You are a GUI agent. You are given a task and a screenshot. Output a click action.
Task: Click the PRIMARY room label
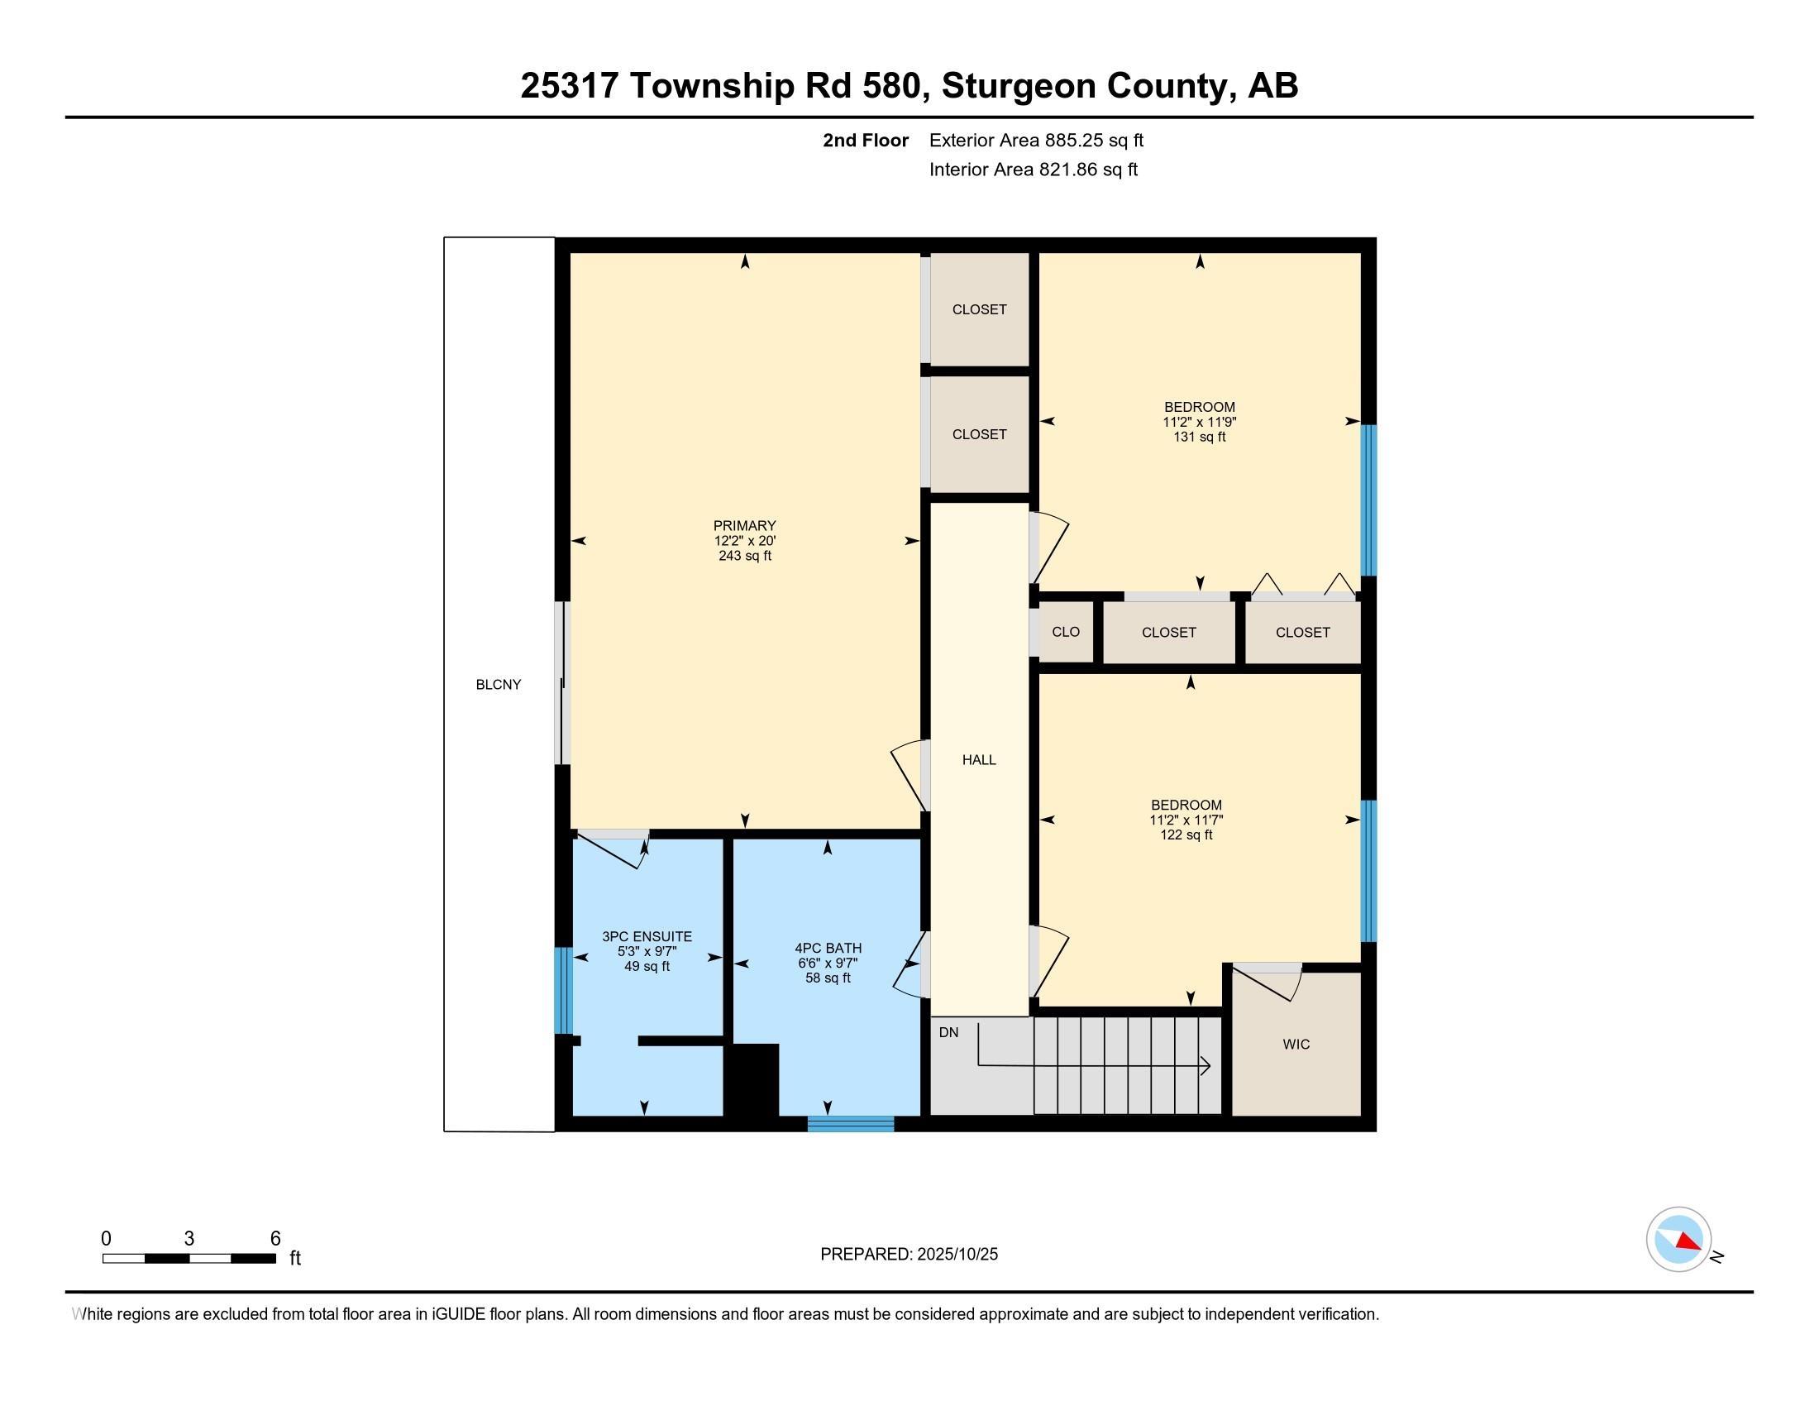744,525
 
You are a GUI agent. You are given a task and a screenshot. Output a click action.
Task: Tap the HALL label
979,759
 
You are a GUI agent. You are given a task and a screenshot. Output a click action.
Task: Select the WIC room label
1296,1044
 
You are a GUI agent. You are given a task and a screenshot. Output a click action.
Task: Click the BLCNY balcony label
498,685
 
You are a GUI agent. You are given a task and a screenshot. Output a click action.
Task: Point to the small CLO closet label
1065,631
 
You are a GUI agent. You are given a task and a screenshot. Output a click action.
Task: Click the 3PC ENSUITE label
647,936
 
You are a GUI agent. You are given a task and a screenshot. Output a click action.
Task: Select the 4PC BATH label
828,948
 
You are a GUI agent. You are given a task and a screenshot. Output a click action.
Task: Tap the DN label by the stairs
948,1033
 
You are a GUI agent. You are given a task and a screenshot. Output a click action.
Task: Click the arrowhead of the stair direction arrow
1206,1065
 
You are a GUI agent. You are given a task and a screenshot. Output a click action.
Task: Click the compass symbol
1678,1240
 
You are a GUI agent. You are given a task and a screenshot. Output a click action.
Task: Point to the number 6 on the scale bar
275,1239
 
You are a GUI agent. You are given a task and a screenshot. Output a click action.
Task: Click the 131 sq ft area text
1200,437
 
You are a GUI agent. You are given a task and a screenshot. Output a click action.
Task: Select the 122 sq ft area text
1186,835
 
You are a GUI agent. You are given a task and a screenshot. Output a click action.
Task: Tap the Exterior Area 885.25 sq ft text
1036,140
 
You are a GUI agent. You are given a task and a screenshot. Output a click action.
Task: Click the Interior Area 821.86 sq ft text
1033,170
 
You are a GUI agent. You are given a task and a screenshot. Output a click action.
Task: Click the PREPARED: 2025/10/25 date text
909,1255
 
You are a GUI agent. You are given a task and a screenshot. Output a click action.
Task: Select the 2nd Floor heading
866,140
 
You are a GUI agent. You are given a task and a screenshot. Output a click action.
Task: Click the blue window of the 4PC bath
850,1124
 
